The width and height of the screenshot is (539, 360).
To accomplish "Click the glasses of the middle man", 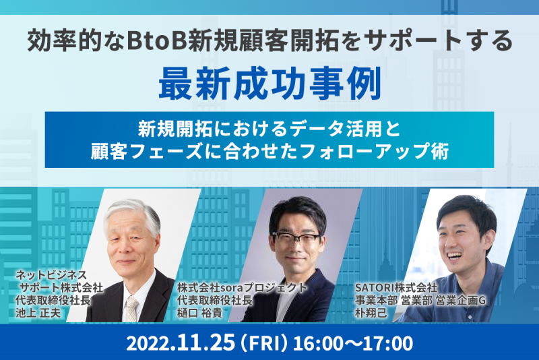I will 296,240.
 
